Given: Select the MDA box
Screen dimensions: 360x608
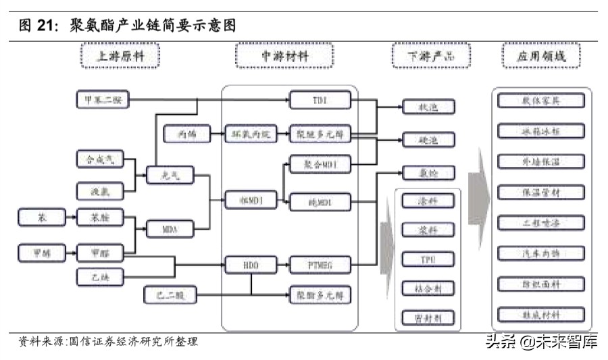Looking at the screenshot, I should click(x=170, y=230).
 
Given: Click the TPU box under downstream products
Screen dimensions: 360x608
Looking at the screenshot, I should click(x=428, y=259).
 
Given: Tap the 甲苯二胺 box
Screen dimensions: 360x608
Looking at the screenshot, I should click(x=101, y=101).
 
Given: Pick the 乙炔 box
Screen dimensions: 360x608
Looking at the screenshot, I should click(x=101, y=277).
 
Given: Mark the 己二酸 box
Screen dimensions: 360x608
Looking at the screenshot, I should click(x=170, y=294).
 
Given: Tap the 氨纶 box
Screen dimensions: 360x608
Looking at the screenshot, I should click(x=428, y=173).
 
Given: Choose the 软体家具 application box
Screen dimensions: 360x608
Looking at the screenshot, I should click(x=540, y=101).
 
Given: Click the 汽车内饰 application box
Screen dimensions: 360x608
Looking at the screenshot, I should click(x=540, y=253).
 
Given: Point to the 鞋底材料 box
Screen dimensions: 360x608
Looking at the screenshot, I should click(x=540, y=314).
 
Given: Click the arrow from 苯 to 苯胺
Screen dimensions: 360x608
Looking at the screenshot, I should click(x=70, y=217).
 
